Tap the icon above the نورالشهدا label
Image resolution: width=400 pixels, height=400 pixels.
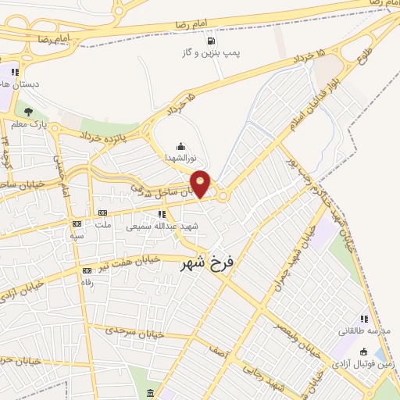tap(181, 145)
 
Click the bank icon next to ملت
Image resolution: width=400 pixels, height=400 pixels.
tap(102, 213)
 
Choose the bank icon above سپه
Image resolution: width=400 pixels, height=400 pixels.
tap(77, 223)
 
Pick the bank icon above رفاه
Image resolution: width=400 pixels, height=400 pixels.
tap(87, 270)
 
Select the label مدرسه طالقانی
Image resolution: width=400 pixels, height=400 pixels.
tap(363, 330)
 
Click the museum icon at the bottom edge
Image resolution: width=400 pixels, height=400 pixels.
tap(151, 391)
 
